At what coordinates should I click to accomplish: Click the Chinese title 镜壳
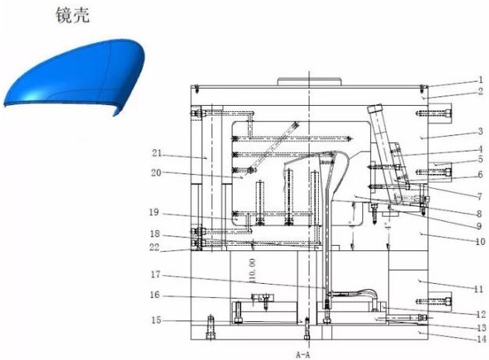[72, 16]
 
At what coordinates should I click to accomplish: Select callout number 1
[481, 80]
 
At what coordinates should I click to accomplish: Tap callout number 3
[480, 131]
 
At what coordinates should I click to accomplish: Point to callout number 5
[480, 159]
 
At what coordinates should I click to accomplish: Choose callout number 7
[480, 197]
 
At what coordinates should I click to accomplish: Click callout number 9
[479, 225]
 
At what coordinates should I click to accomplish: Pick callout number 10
[480, 242]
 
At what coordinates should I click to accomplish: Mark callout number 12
[480, 314]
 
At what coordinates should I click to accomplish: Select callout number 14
[481, 339]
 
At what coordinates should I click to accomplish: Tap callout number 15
[156, 320]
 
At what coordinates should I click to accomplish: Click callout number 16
[155, 295]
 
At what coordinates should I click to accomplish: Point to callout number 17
[155, 274]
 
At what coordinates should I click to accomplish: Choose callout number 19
[154, 212]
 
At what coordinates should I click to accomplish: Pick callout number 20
[156, 173]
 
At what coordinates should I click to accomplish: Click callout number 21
[157, 153]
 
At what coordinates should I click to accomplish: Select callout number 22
[155, 247]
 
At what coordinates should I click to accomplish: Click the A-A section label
[303, 355]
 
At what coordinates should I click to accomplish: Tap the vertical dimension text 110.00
[253, 270]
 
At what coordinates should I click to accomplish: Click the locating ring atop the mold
[309, 82]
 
